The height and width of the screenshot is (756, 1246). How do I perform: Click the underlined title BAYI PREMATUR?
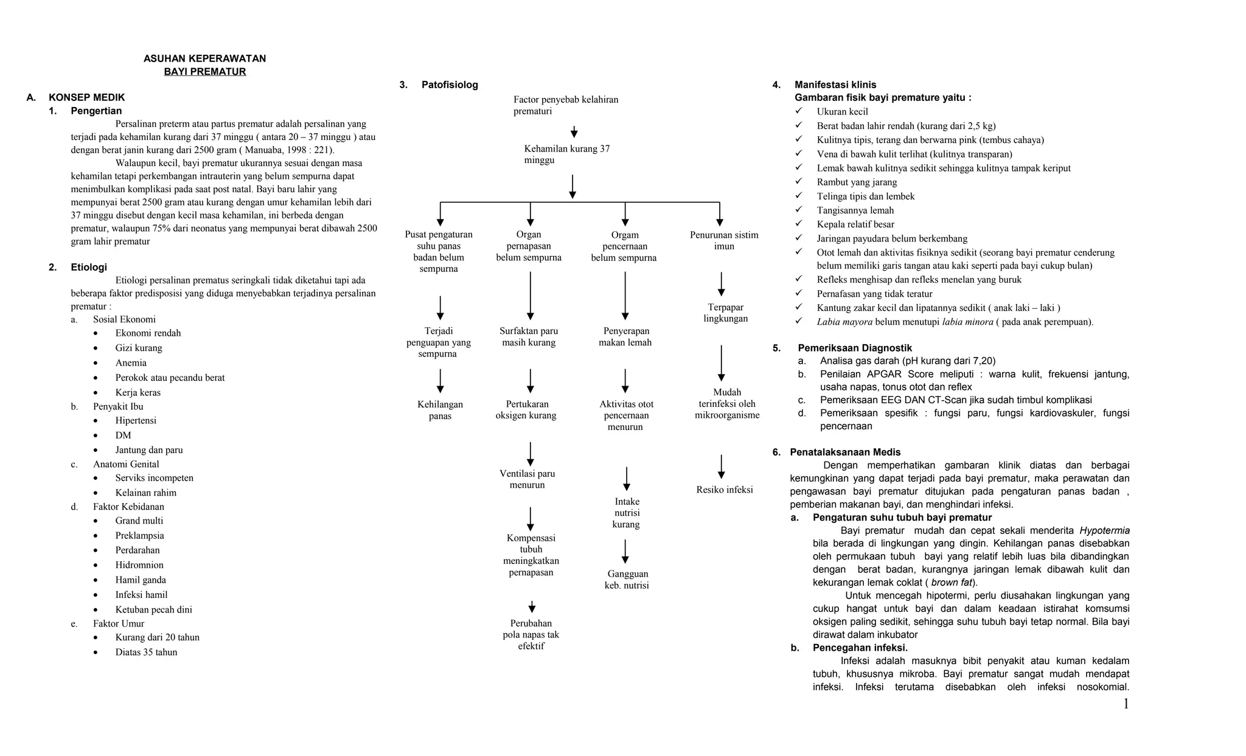click(205, 72)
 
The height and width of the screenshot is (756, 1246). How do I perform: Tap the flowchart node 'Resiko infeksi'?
click(725, 490)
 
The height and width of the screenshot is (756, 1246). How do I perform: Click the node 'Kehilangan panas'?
click(440, 410)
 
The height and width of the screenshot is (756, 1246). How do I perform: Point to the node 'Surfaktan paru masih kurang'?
click(529, 337)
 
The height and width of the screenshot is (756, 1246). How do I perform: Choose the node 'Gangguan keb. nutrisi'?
click(627, 580)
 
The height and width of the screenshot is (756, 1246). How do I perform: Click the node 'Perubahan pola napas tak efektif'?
click(531, 634)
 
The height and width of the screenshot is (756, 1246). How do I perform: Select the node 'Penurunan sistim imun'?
click(724, 241)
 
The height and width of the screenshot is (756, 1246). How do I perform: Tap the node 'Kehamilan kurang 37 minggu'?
click(566, 154)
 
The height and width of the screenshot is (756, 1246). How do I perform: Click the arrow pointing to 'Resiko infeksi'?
click(722, 466)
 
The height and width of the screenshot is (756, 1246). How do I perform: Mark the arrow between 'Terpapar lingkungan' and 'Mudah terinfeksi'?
click(722, 363)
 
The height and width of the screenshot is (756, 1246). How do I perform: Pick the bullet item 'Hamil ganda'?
click(141, 580)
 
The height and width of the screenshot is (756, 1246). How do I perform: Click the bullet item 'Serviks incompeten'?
click(155, 478)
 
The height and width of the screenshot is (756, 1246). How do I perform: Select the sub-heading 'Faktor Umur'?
click(119, 623)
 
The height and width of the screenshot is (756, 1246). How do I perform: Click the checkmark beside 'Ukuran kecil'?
click(799, 111)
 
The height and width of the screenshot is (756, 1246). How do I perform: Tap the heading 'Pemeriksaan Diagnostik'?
click(855, 348)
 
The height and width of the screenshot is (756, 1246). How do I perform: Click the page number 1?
click(1126, 704)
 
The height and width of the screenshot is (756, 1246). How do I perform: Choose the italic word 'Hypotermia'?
click(1104, 530)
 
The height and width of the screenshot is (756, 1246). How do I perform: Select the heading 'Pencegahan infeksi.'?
click(860, 648)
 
